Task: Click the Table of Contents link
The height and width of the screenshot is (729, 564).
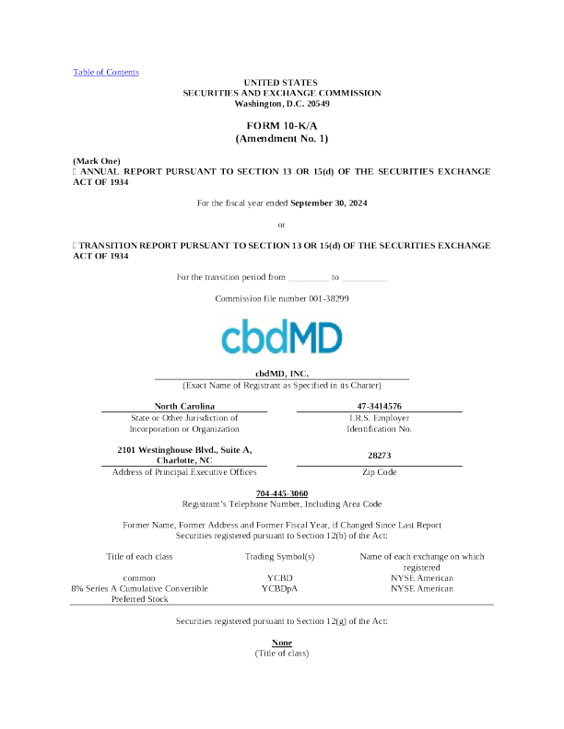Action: click(106, 72)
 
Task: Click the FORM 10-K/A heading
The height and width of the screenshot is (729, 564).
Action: click(281, 124)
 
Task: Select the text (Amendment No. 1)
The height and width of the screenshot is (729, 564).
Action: click(281, 138)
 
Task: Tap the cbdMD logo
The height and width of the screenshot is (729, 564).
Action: click(281, 337)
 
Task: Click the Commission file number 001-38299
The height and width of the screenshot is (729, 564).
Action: click(281, 298)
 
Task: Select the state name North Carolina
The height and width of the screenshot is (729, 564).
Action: click(183, 406)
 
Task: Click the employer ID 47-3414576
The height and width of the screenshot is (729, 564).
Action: click(379, 406)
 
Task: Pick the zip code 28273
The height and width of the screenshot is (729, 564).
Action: click(379, 455)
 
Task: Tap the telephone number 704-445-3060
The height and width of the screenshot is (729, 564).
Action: click(281, 493)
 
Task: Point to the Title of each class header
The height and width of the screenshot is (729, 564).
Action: click(139, 556)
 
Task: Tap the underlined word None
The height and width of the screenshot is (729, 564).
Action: click(281, 642)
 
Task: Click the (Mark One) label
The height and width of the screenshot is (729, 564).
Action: click(96, 161)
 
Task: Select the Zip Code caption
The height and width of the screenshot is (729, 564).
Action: click(379, 471)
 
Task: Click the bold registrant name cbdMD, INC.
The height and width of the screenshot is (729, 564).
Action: click(281, 373)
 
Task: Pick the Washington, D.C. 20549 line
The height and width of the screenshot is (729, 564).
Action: click(281, 103)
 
